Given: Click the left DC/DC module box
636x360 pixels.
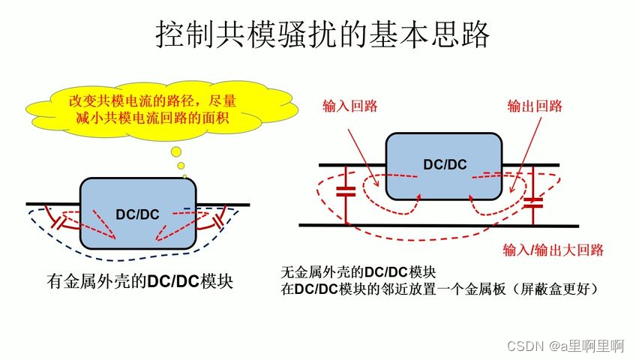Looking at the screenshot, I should click(138, 214).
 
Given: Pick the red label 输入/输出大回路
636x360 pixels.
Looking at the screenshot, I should click(553, 250).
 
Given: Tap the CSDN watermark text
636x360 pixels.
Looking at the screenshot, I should click(565, 346).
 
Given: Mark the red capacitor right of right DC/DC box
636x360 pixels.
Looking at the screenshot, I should click(533, 200).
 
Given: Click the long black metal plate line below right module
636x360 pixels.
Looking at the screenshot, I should click(439, 225).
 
